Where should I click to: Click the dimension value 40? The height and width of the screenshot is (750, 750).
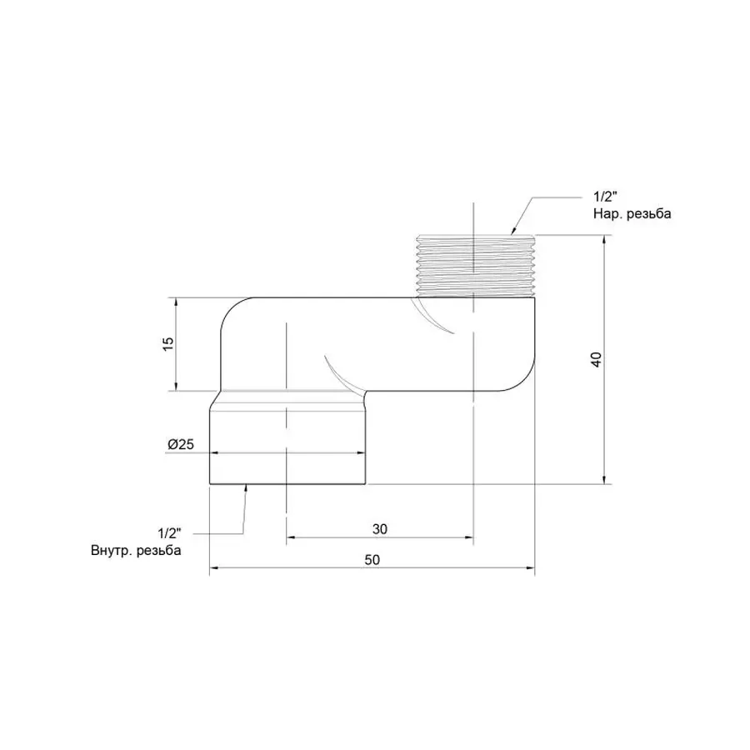(x=595, y=359)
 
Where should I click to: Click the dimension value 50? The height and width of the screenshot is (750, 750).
(x=372, y=561)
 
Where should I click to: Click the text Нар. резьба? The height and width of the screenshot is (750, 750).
(x=632, y=213)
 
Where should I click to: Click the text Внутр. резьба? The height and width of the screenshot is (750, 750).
(x=136, y=551)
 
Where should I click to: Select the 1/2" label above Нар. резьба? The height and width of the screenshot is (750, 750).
(x=605, y=197)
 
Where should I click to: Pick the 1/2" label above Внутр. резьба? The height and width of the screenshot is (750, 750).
(x=168, y=532)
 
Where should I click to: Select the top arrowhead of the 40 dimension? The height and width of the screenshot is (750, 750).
(x=605, y=239)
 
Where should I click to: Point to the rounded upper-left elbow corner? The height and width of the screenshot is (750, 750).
(x=232, y=312)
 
